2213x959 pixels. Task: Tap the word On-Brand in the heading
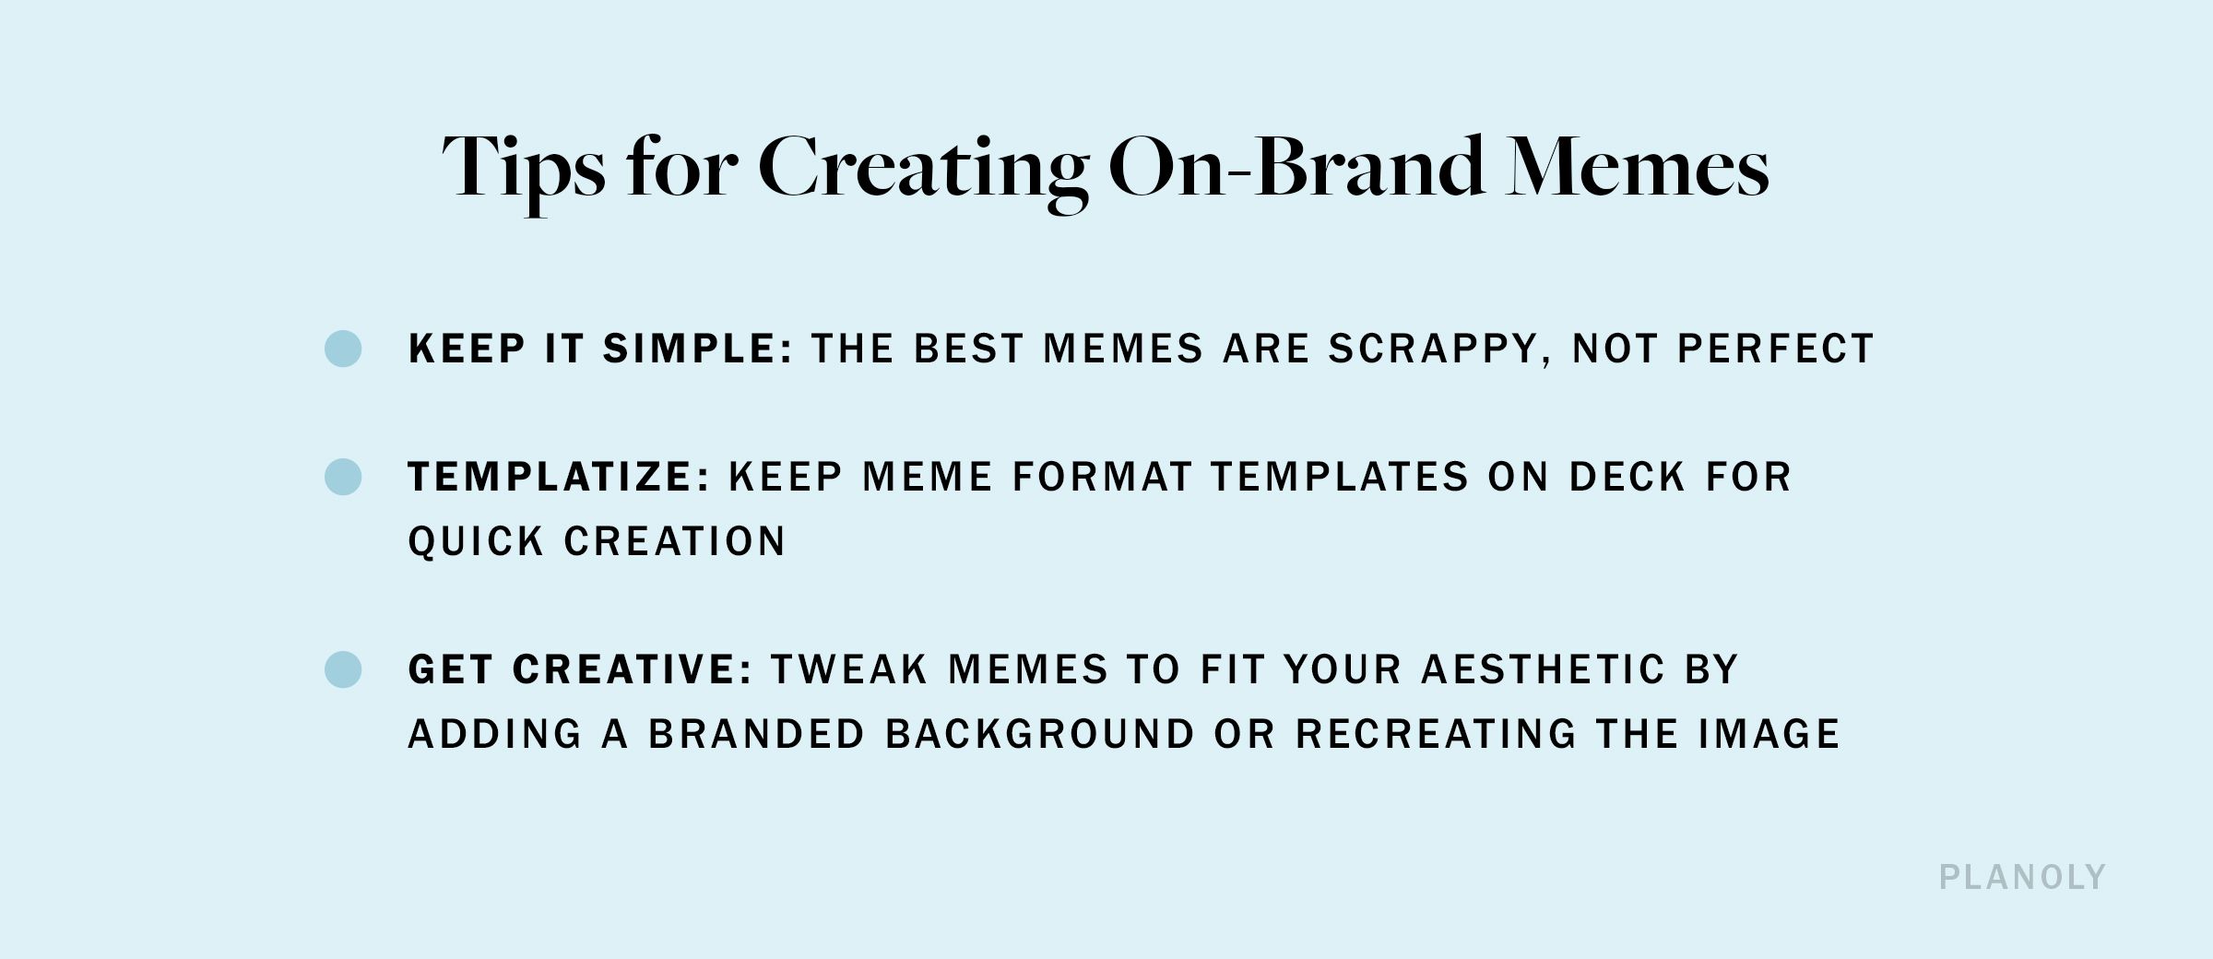(1296, 169)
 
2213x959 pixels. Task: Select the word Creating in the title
(922, 169)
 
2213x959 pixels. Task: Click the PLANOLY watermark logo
(2022, 877)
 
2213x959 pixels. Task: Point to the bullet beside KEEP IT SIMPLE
(343, 349)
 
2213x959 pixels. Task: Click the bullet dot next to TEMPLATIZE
(343, 477)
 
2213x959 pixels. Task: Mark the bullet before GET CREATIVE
(343, 669)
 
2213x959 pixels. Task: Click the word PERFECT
(1775, 349)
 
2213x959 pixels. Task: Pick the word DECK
(1627, 477)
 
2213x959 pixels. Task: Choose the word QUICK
(476, 541)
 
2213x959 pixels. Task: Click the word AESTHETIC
(1543, 669)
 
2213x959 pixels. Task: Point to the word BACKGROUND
(1040, 734)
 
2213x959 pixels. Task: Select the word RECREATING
(1437, 734)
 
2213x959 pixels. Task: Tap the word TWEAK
(849, 669)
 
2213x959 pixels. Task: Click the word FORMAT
(1102, 477)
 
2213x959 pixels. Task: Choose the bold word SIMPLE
(697, 349)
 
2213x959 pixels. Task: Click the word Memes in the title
(1637, 169)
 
